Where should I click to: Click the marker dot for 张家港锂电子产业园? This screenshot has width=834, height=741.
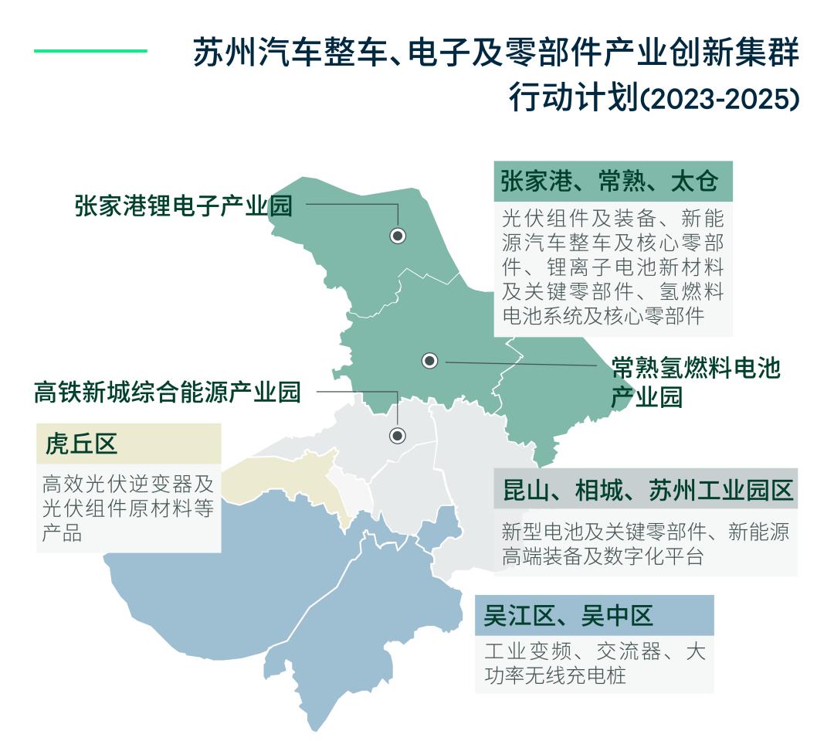(x=398, y=236)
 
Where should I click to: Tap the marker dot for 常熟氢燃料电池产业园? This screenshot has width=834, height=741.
(x=430, y=361)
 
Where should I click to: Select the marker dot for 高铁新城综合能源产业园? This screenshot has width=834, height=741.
(x=398, y=436)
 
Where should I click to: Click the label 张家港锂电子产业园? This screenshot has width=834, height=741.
(x=184, y=206)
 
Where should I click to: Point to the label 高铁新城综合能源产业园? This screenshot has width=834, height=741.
(x=168, y=393)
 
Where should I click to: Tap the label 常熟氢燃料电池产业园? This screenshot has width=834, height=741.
(x=696, y=382)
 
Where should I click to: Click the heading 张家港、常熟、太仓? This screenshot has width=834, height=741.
(x=609, y=182)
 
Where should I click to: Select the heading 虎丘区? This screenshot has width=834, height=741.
(x=82, y=444)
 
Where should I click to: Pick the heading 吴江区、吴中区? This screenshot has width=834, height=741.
(x=568, y=616)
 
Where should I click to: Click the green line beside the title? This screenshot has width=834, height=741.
(x=90, y=52)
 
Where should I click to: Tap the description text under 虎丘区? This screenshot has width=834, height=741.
(x=128, y=508)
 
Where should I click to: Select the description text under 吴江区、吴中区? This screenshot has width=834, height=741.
(x=594, y=663)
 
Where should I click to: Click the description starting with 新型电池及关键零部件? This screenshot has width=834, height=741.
(x=646, y=544)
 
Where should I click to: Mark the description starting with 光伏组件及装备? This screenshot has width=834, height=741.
(x=612, y=266)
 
